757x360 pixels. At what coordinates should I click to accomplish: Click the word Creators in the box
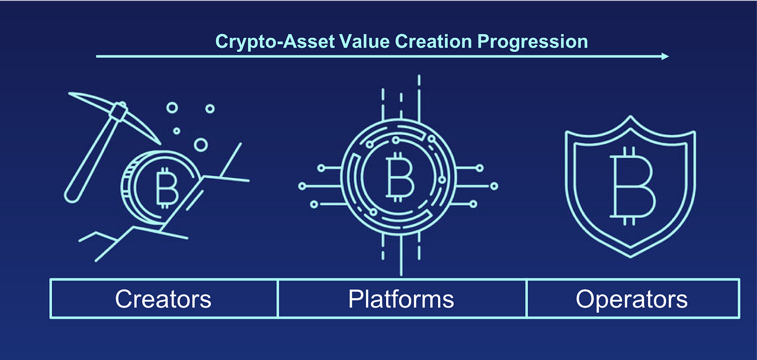click(163, 299)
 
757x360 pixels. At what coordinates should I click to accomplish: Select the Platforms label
click(401, 299)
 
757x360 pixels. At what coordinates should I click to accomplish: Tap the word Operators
click(632, 299)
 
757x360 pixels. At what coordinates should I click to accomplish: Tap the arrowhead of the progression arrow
click(666, 56)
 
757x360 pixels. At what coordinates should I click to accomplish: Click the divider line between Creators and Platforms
click(278, 298)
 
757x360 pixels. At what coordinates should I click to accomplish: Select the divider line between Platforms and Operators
click(526, 298)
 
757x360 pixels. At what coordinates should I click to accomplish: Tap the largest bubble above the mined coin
click(201, 144)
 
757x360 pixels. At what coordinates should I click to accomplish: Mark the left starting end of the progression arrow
click(97, 56)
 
